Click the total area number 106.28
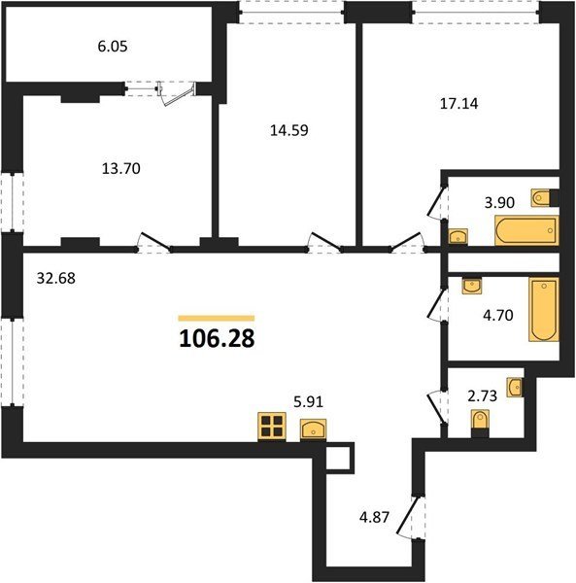[217, 339]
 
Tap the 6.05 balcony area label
[113, 47]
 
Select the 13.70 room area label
[121, 168]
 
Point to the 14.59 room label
[289, 130]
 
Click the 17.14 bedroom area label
[458, 103]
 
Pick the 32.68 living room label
[56, 278]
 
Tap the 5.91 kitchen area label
[309, 401]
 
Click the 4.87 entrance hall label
[374, 517]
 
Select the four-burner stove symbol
[272, 427]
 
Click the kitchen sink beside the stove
[314, 429]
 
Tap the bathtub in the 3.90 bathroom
[526, 230]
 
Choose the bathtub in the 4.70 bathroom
[544, 309]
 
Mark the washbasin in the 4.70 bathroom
[471, 286]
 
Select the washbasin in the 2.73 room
[515, 388]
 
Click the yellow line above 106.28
[217, 318]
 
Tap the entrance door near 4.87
[410, 517]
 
